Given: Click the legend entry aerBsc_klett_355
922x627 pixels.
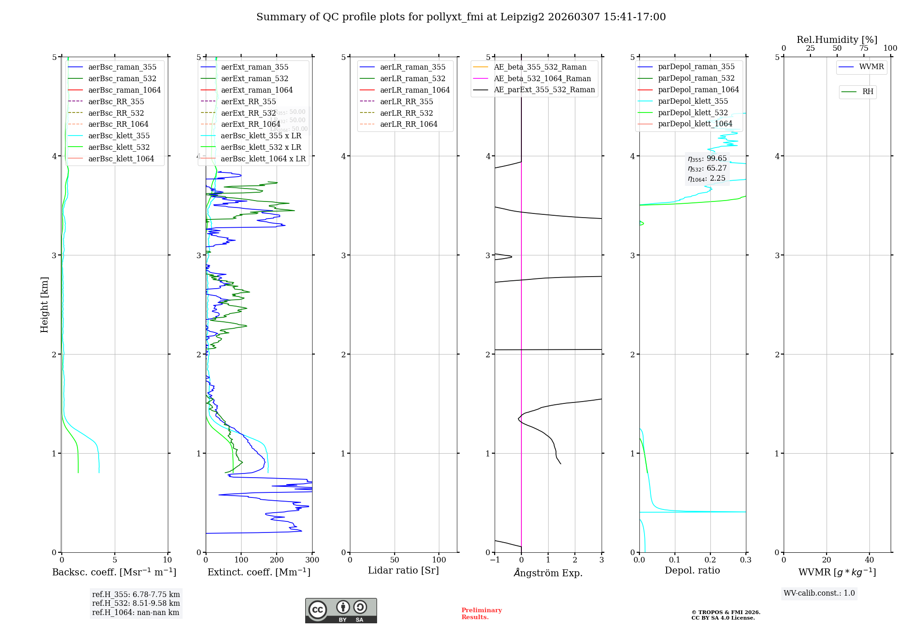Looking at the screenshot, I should (119, 136).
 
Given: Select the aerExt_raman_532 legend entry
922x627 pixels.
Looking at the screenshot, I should (254, 78).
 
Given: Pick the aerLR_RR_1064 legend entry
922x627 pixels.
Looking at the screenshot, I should (408, 124).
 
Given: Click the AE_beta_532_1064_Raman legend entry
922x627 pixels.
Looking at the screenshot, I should (542, 78).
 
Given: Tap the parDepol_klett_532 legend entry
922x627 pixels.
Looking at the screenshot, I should (693, 112).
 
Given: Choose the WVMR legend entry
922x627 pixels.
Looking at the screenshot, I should (871, 67).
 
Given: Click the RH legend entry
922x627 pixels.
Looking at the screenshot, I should (868, 92).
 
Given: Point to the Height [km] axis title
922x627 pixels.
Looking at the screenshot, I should (44, 305).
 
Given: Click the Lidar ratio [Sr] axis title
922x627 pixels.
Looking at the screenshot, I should (403, 570).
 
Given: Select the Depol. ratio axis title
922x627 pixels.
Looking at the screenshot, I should (692, 570).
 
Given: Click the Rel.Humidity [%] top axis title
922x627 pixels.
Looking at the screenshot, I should (837, 40).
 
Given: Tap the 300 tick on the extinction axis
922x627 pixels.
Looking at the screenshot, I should (312, 560).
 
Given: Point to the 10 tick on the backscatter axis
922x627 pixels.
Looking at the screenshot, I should (167, 560).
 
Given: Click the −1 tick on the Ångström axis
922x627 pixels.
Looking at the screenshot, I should (495, 560).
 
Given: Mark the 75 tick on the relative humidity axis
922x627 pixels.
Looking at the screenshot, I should (863, 48).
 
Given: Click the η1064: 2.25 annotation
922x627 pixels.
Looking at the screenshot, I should (707, 178).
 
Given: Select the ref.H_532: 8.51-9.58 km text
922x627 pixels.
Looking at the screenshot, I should (136, 603).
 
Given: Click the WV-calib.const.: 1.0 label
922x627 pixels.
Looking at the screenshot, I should (819, 593).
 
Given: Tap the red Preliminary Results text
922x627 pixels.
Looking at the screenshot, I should (481, 614).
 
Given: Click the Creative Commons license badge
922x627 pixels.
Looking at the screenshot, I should (341, 611).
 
